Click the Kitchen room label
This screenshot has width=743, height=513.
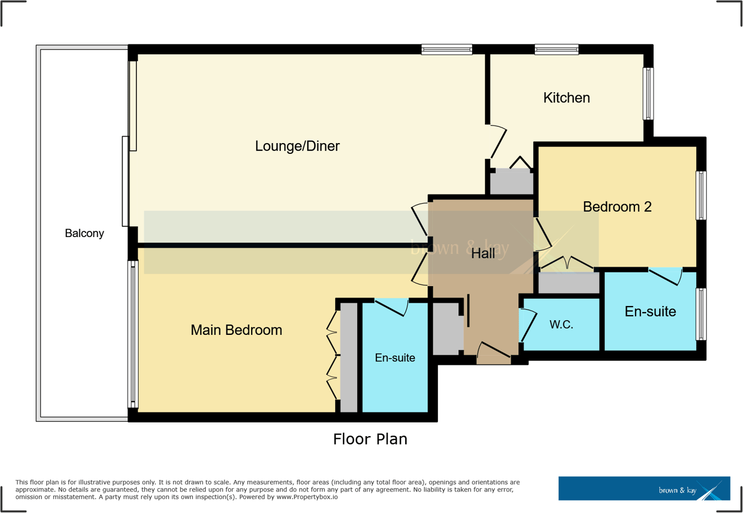point(566,98)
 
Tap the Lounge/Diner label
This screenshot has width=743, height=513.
point(297,146)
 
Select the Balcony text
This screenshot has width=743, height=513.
point(84,233)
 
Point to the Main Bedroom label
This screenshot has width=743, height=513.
point(236,330)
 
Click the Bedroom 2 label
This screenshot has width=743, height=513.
point(617,207)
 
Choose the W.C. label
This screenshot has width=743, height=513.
point(561,325)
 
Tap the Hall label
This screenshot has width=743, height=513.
point(483,254)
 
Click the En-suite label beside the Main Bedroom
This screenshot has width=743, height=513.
point(395,357)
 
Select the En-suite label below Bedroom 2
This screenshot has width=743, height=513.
point(650,311)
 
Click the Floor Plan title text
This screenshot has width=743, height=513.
point(370,439)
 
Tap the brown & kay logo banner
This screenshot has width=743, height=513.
point(644,488)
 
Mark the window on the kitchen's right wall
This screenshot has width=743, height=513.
point(648,94)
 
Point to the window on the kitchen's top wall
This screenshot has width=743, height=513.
point(556,50)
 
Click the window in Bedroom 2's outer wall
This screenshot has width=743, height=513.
point(701,195)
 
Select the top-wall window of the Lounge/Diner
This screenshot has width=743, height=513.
point(446,50)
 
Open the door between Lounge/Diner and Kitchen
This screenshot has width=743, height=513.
point(499,141)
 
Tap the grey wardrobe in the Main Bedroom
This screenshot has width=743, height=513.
point(349,357)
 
